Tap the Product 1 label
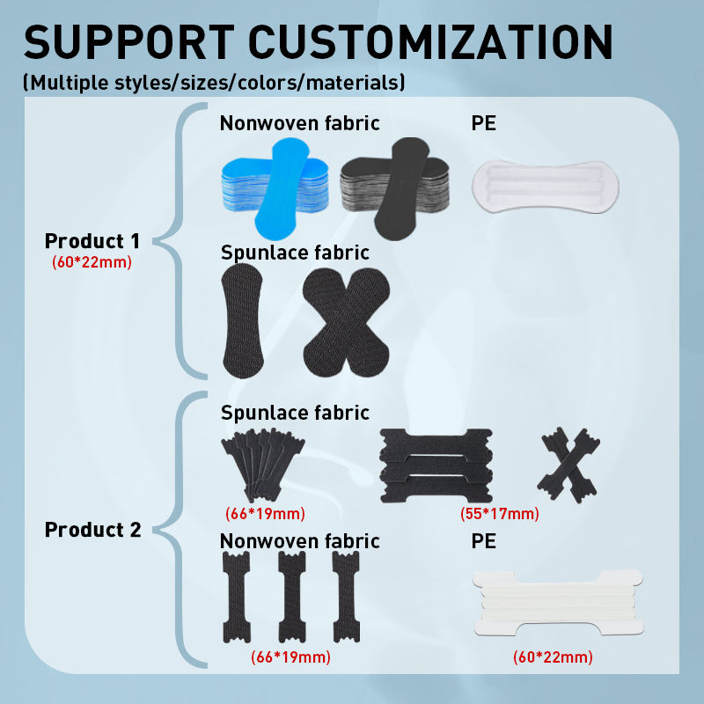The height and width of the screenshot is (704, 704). (x=92, y=241)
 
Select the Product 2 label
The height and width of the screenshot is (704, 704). (x=92, y=530)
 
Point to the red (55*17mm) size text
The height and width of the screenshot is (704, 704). (x=500, y=514)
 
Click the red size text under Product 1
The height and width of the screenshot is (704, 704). (x=92, y=261)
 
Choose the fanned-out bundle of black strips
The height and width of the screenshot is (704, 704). (x=264, y=465)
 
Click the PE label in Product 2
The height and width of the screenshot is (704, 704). (x=484, y=540)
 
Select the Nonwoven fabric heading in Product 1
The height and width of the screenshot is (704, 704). (x=299, y=122)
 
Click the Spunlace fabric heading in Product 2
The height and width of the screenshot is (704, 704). (x=295, y=412)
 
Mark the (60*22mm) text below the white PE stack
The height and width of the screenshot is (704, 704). (x=553, y=656)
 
